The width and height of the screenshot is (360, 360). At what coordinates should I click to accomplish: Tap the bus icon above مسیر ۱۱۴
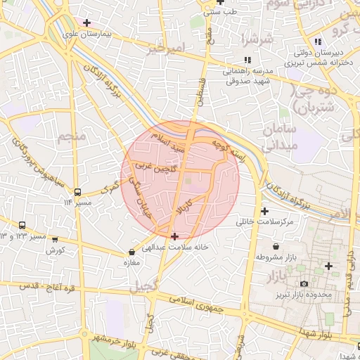[77, 191]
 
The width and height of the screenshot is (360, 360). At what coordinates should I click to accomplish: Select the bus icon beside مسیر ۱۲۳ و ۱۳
[22, 226]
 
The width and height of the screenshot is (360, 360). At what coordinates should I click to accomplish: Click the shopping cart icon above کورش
[54, 239]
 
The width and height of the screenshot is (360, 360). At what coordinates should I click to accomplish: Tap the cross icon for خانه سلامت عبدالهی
[174, 236]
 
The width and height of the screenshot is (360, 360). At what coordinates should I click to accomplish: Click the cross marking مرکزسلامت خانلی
[264, 211]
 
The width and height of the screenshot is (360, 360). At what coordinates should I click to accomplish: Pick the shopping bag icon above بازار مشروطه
[275, 247]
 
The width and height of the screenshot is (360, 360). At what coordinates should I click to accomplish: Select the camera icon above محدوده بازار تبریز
[303, 283]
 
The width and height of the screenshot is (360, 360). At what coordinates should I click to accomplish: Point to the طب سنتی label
[220, 12]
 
